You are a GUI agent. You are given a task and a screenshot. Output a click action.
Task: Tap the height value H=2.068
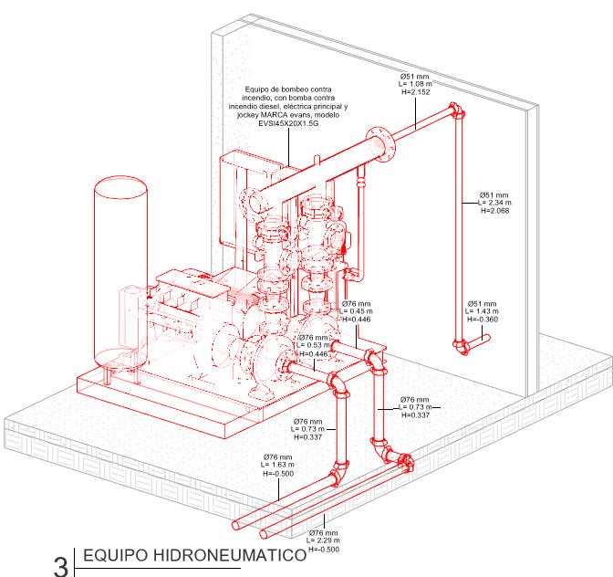click(x=494, y=211)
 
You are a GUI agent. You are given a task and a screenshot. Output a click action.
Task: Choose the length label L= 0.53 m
click(x=316, y=345)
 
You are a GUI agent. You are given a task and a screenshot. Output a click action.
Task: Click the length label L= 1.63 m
click(x=277, y=465)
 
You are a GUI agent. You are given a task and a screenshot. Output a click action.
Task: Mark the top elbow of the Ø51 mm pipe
click(x=455, y=113)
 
